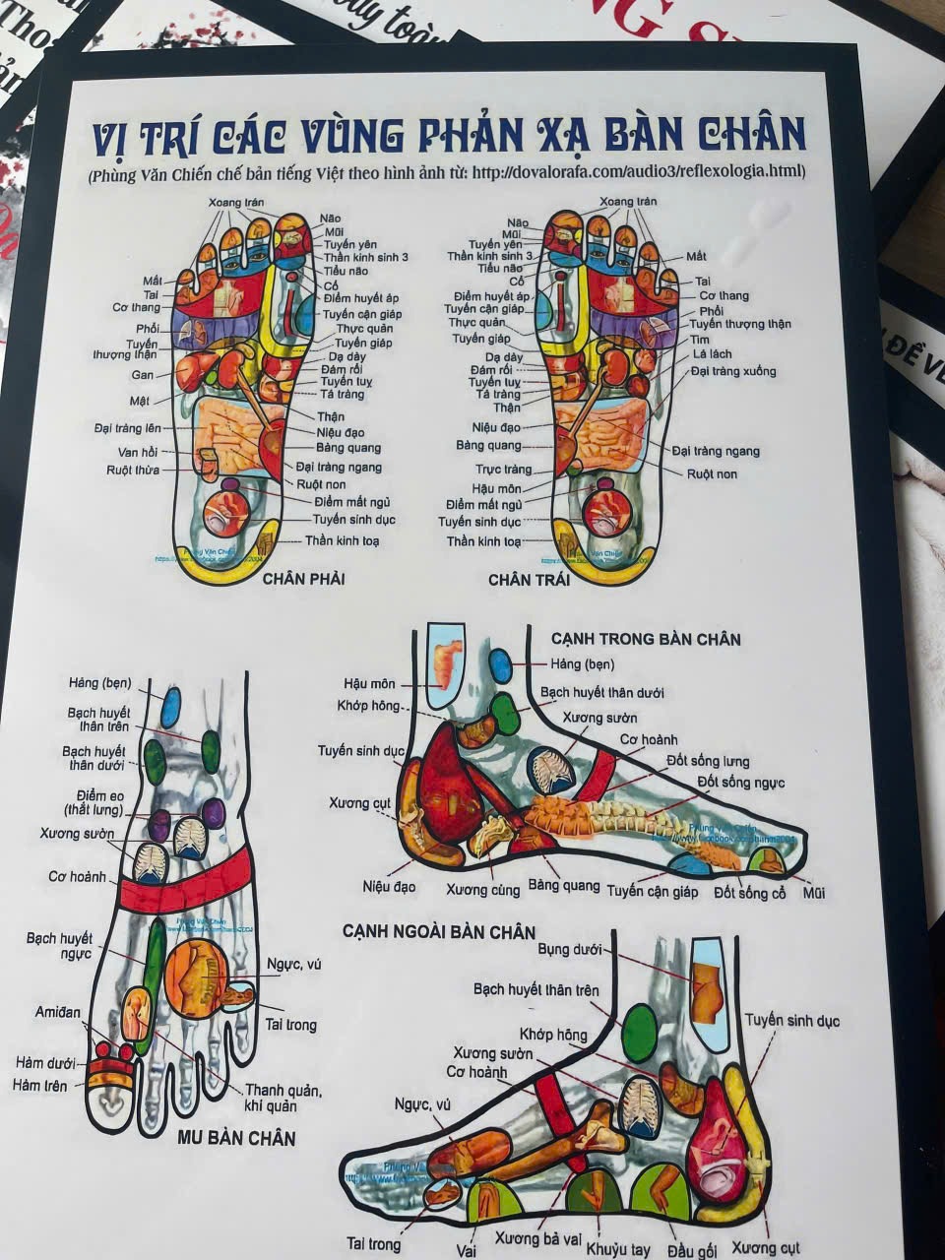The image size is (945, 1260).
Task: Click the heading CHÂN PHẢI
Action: coord(303,579)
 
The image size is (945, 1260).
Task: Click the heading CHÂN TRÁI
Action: coord(529,580)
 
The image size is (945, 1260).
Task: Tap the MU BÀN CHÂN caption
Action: coord(236,1138)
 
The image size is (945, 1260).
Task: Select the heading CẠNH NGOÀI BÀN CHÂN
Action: coord(439,931)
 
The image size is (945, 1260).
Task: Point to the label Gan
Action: coord(142,375)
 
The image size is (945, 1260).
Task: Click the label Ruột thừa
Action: coord(133,471)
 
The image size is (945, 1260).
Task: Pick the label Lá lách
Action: coord(712,353)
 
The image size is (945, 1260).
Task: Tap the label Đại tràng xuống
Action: coord(732,371)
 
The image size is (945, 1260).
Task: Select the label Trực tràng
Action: coord(503,470)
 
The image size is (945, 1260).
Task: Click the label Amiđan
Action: coord(58,1012)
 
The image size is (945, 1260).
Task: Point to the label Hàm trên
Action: coord(40,1085)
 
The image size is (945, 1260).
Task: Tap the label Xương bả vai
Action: coord(536,1238)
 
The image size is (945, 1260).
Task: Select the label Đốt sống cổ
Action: coord(750,893)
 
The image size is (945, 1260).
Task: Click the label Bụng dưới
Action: coord(569,950)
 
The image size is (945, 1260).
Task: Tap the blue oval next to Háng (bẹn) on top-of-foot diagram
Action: coord(171,707)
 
